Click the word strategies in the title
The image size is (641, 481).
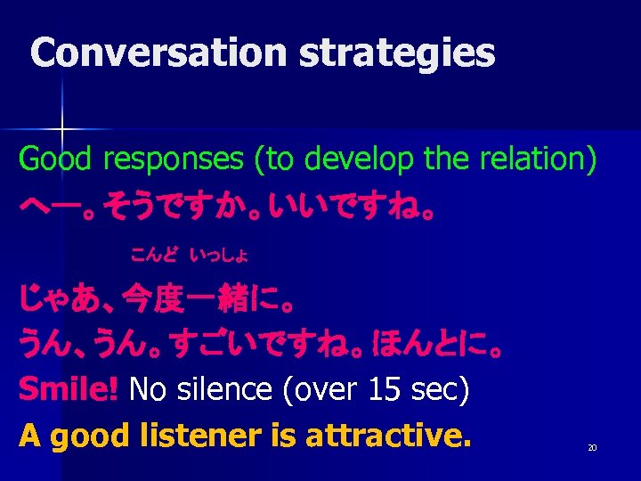click(397, 54)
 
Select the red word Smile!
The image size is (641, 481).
click(69, 389)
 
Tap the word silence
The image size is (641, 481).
click(212, 389)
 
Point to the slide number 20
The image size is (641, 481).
click(591, 447)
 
